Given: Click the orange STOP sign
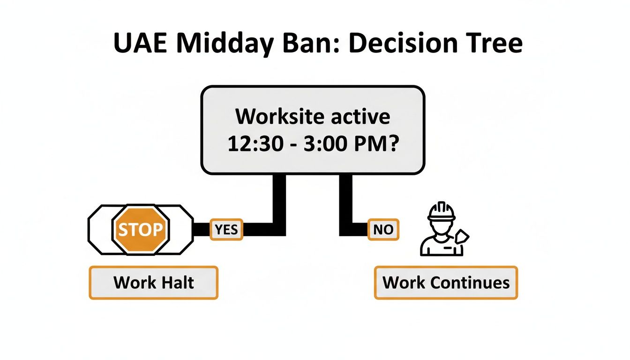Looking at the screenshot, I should click(140, 230).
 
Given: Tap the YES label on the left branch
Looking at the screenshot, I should click(226, 230).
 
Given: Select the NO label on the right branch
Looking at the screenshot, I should click(383, 230).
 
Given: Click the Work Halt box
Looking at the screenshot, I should click(153, 283).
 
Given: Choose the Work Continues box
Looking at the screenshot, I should click(446, 283).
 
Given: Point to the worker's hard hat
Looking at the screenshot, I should click(441, 212).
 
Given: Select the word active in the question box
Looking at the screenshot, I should click(360, 116).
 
